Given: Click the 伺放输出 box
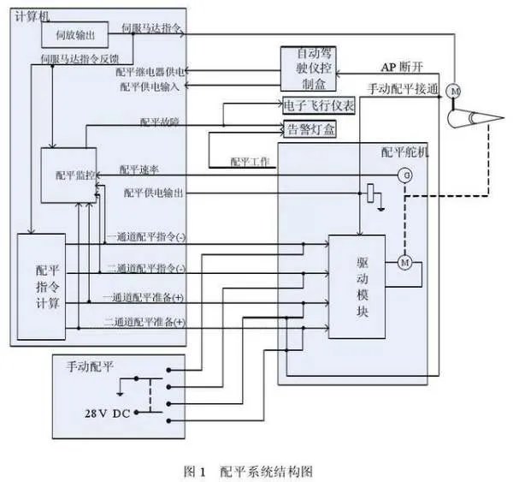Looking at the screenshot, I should (74, 34).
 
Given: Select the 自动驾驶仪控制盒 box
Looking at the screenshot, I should (308, 69).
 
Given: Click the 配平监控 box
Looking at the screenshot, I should (69, 176).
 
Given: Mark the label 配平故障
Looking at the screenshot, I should (159, 122).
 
